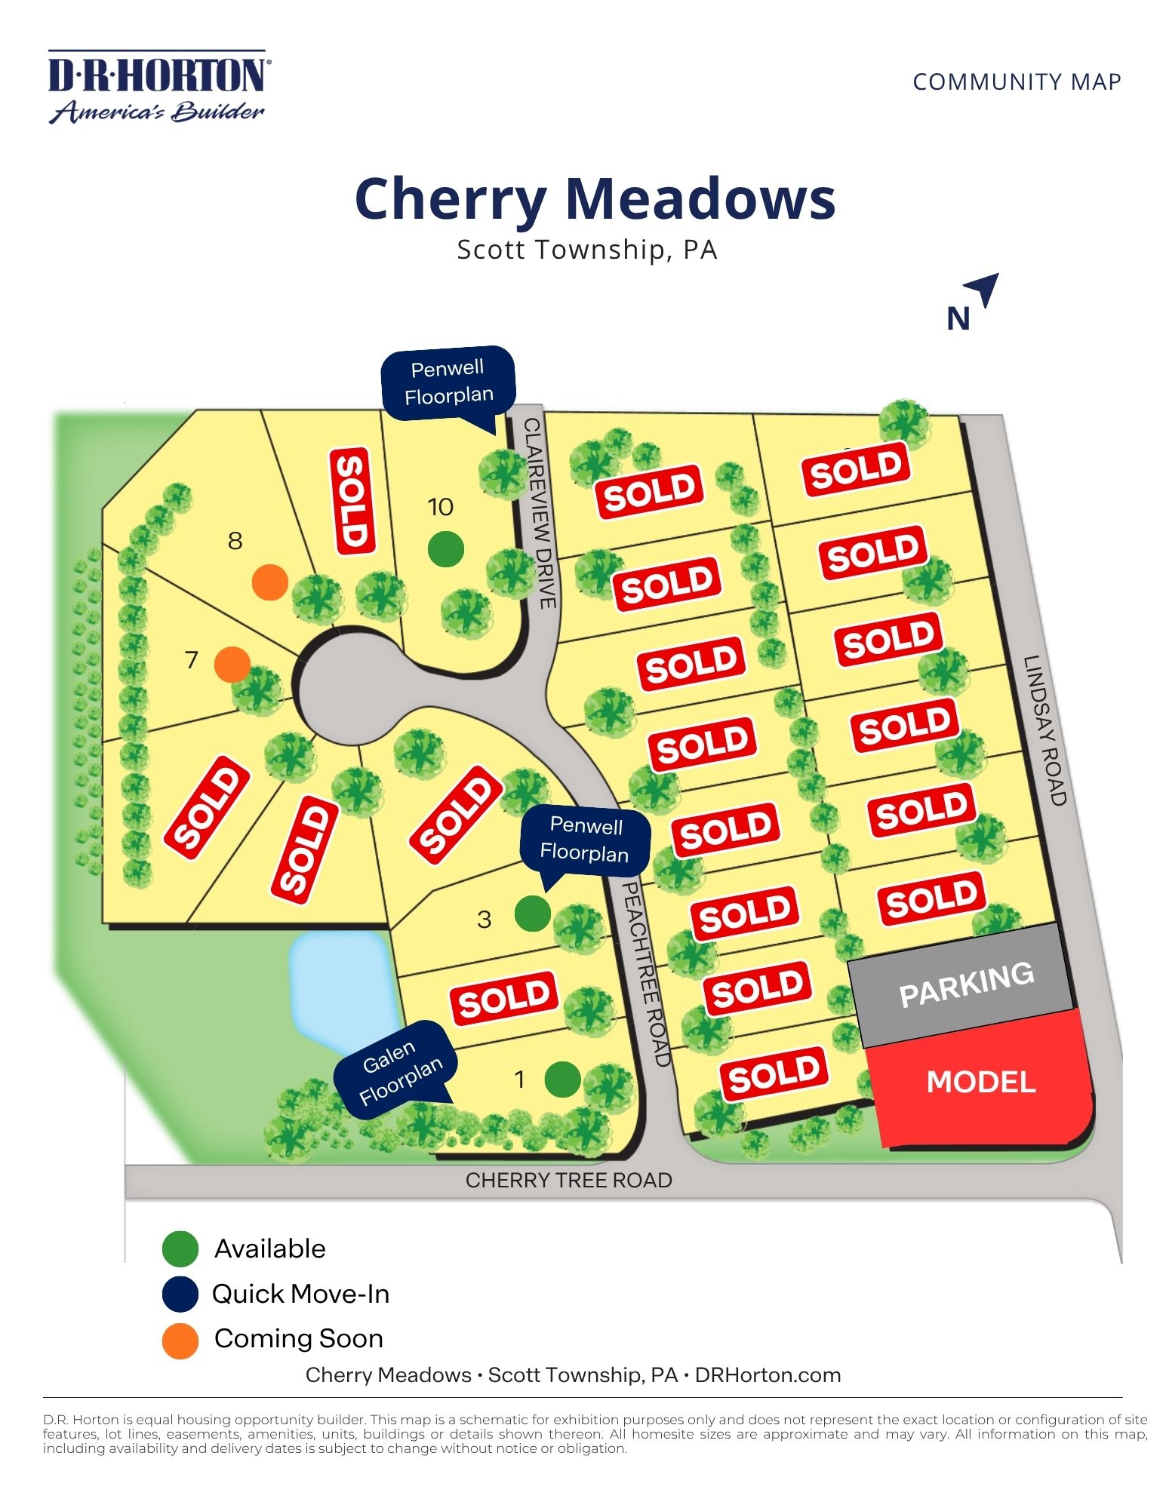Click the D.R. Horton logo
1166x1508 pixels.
[158, 87]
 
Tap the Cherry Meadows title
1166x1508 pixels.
[595, 199]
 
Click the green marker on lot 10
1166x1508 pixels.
[445, 548]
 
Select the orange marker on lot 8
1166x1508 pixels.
[269, 582]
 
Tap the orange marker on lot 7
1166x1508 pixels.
[232, 665]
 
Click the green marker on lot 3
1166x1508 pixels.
[533, 914]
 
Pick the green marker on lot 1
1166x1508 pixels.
[562, 1079]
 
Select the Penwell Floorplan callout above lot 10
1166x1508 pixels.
[448, 382]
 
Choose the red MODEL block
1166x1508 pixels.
[981, 1082]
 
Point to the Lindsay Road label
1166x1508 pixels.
[1044, 729]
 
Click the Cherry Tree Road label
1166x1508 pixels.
[568, 1181]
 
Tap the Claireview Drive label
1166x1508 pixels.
[540, 513]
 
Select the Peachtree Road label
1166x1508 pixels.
[646, 973]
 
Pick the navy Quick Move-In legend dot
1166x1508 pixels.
[180, 1295]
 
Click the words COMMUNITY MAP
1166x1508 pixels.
[1016, 81]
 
